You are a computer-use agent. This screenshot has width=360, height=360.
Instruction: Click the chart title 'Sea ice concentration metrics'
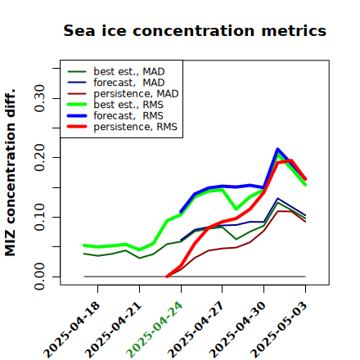(195, 30)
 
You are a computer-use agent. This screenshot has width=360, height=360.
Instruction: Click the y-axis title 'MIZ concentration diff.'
(10, 173)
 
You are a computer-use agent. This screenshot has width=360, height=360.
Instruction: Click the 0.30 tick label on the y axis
(40, 98)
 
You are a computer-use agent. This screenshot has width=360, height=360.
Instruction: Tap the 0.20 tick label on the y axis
(40, 157)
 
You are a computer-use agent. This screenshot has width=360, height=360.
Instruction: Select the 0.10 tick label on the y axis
(40, 217)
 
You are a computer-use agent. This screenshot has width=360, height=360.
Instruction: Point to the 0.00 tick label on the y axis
(40, 277)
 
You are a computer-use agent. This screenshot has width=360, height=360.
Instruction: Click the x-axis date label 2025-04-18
(72, 330)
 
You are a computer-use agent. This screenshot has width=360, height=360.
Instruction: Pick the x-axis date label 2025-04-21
(114, 330)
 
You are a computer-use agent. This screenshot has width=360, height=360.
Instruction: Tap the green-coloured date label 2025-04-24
(154, 330)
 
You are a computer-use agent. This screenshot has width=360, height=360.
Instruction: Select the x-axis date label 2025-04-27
(196, 330)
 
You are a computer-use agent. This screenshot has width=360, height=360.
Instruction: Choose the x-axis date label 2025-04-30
(237, 330)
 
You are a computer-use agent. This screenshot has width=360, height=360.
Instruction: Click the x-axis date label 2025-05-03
(279, 330)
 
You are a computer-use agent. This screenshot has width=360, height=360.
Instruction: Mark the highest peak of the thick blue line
(277, 149)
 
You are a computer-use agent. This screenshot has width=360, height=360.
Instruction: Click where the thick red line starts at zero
(167, 277)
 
